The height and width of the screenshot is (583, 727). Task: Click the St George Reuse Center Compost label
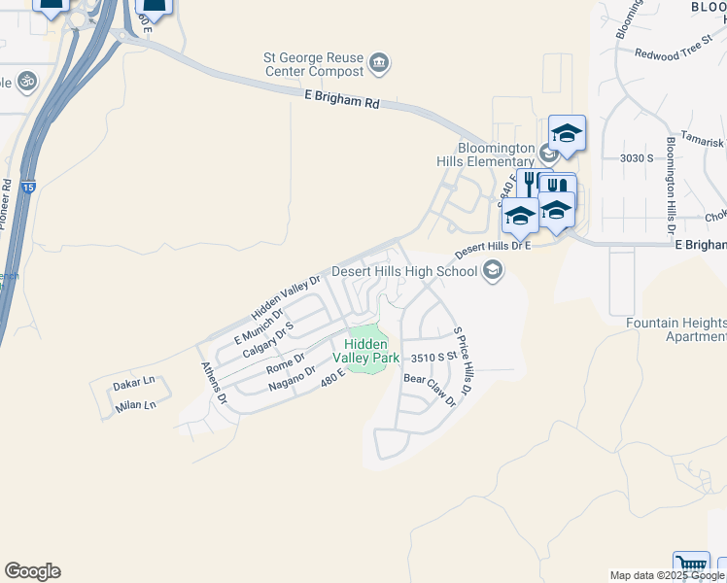[x=314, y=65]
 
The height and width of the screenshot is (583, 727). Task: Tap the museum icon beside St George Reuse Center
[x=380, y=64]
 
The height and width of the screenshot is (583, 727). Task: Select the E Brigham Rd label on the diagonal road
[x=341, y=100]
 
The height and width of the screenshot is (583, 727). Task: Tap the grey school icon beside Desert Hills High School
[x=493, y=270]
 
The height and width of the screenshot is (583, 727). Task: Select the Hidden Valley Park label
[x=366, y=351]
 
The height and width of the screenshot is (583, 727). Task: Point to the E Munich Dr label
[x=260, y=324]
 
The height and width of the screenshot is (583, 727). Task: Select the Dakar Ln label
[x=134, y=385]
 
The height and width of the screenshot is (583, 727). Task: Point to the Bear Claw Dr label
[x=429, y=390]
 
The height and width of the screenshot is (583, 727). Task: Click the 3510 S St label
[x=433, y=358]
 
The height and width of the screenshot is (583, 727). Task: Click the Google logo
[x=32, y=571]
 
